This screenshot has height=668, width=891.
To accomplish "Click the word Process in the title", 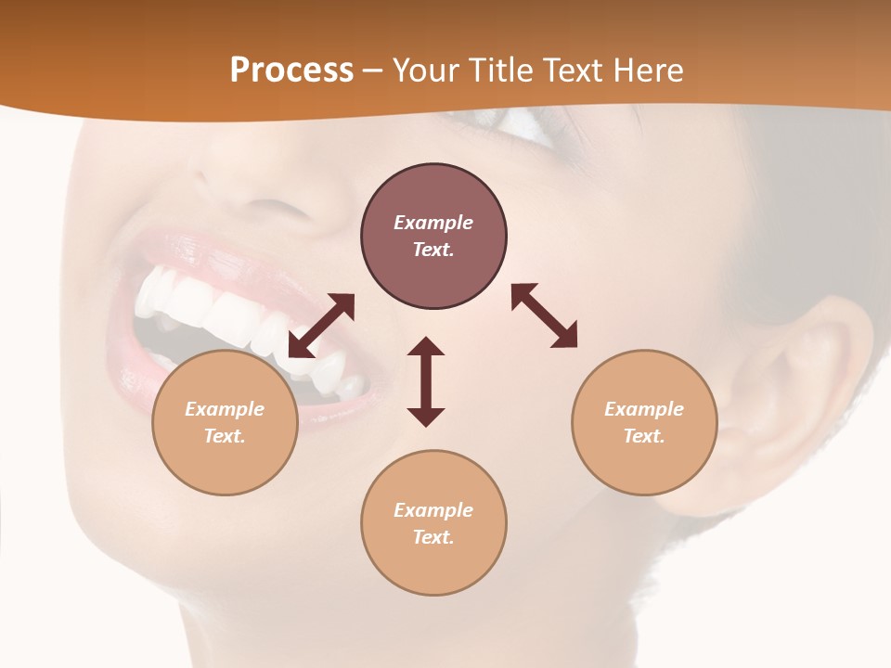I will [x=291, y=70].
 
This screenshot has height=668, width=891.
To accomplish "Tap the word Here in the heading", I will [x=647, y=70].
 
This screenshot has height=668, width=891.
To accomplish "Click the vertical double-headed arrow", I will [x=426, y=381].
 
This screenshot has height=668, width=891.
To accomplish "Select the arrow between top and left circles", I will [x=321, y=326].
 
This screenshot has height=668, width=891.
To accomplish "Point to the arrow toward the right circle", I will [x=544, y=315].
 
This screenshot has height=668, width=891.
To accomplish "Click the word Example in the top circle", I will [x=433, y=223].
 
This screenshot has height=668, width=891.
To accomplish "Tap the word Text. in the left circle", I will [x=225, y=436].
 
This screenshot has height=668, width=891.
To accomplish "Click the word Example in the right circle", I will [x=644, y=409].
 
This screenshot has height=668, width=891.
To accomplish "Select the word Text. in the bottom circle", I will [x=433, y=537].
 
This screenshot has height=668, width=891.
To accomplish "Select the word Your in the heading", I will [x=421, y=70].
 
